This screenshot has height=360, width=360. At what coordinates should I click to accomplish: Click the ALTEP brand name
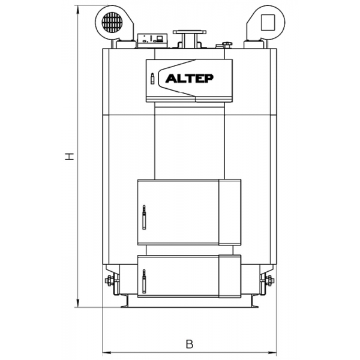point(190,79)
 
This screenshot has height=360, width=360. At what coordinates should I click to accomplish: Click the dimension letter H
point(70,157)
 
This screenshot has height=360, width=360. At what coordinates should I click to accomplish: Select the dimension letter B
point(190,344)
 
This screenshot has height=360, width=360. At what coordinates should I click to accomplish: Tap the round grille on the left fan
point(112,22)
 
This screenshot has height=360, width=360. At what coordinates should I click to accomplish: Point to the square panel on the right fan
point(268,23)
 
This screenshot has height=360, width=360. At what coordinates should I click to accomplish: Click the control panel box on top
point(152,41)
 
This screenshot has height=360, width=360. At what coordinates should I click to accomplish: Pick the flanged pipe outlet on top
point(190,38)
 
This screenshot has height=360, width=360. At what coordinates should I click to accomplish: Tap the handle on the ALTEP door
point(152,79)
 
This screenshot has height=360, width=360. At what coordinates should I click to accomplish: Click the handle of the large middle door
point(144,217)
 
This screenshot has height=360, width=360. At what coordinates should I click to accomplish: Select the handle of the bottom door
point(144,281)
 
